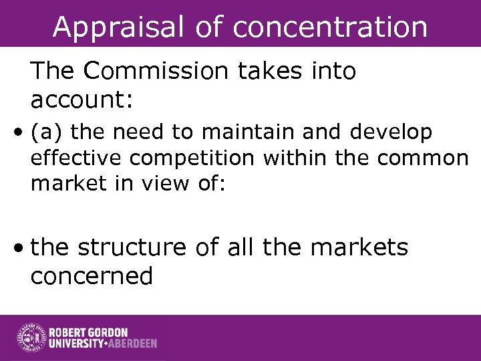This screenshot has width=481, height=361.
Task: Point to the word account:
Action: (x=82, y=101)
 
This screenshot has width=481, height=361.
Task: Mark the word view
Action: (x=158, y=183)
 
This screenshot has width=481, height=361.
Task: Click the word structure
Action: (x=132, y=248)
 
